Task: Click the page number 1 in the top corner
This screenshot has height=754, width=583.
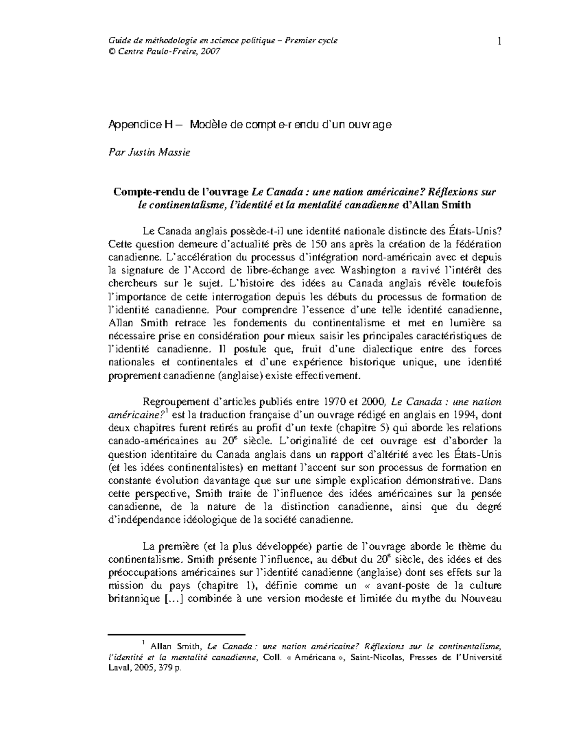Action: [x=499, y=41]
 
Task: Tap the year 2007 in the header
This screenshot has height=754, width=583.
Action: [x=211, y=51]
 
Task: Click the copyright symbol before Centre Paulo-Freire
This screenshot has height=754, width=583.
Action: [x=111, y=51]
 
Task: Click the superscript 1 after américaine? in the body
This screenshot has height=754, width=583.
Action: [x=166, y=412]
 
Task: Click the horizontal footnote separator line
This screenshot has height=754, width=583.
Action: [x=176, y=634]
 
